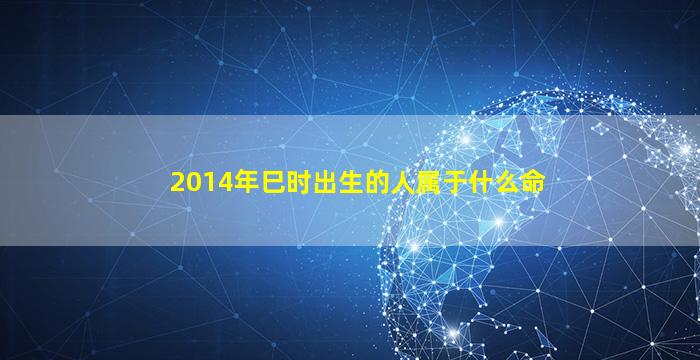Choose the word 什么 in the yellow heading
pos(493,183)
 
